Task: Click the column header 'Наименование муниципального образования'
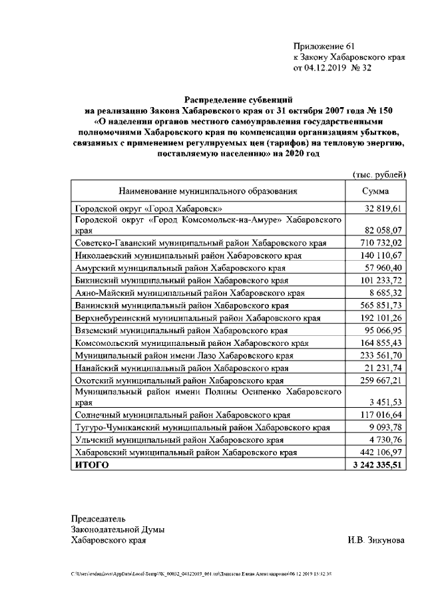[x=208, y=192]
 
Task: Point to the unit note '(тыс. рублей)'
[x=379, y=174]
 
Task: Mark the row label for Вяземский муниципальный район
[x=181, y=330]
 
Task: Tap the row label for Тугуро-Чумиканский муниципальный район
[x=202, y=428]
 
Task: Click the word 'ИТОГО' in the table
[x=92, y=466]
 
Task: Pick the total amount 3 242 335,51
[x=377, y=466]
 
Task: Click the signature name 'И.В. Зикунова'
[x=375, y=540]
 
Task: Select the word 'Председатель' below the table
[x=99, y=518]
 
